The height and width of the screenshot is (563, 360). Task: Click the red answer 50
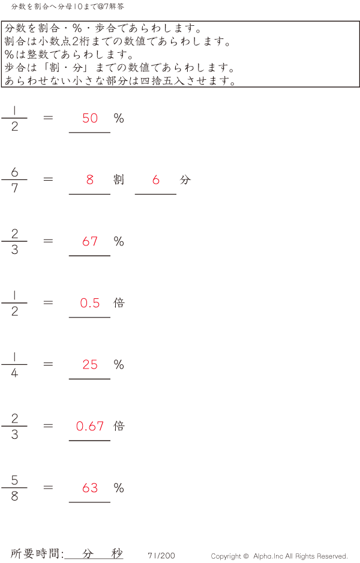pyautogui.click(x=90, y=118)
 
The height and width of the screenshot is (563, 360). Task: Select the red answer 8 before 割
pyautogui.click(x=90, y=179)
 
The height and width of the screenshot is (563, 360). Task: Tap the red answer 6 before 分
pyautogui.click(x=156, y=179)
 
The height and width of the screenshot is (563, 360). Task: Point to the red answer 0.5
pyautogui.click(x=90, y=303)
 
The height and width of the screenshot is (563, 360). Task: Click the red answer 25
pyautogui.click(x=90, y=364)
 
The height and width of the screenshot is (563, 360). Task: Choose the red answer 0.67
pyautogui.click(x=90, y=426)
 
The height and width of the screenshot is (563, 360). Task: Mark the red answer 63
pyautogui.click(x=90, y=488)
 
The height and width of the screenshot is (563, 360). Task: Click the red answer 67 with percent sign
pyautogui.click(x=90, y=241)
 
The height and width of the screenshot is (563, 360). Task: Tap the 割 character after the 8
pyautogui.click(x=119, y=179)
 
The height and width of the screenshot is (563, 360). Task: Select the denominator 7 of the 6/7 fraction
pyautogui.click(x=14, y=188)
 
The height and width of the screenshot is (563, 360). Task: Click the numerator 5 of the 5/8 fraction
pyautogui.click(x=14, y=480)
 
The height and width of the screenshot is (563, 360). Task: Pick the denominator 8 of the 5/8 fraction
pyautogui.click(x=14, y=496)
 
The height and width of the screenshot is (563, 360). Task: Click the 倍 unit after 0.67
pyautogui.click(x=119, y=426)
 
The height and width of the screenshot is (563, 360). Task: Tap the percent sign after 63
pyautogui.click(x=119, y=488)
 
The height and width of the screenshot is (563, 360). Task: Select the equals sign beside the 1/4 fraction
pyautogui.click(x=49, y=364)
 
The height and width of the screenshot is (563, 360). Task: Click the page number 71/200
pyautogui.click(x=161, y=556)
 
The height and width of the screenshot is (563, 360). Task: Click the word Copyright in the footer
pyautogui.click(x=227, y=556)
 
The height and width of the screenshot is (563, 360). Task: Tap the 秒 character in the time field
pyautogui.click(x=116, y=553)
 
